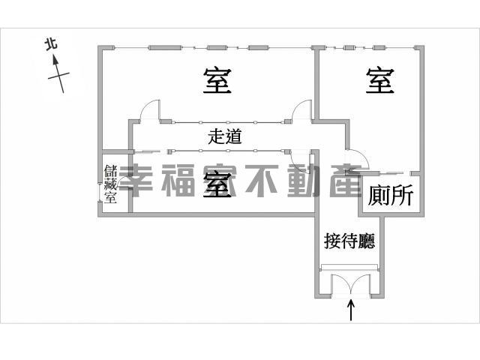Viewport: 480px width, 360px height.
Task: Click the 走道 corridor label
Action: coord(225,136)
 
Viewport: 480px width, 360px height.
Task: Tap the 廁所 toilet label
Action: coord(391,195)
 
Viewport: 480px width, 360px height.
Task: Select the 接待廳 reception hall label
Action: coord(349,241)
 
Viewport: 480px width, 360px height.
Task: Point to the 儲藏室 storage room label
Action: coord(110,184)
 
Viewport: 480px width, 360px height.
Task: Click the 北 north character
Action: coord(51,43)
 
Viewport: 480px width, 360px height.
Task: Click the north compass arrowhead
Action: coord(55,60)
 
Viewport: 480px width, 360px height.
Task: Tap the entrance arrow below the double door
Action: coord(351,310)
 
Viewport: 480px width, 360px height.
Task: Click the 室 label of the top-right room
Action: coord(379,80)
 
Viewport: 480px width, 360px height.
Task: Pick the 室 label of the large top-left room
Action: coord(217,81)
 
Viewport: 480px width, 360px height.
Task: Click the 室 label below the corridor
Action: coord(217,184)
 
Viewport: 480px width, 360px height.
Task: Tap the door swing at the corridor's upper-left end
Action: coord(150,109)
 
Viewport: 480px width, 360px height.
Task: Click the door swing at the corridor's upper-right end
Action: coord(301,109)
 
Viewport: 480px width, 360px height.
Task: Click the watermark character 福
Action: coord(178,180)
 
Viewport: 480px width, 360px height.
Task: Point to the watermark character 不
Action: coord(262,180)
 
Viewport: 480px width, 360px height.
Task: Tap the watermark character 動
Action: coord(304,180)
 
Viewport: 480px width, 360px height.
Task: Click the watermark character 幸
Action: coord(136,180)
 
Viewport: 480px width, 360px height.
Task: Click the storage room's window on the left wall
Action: coord(100,192)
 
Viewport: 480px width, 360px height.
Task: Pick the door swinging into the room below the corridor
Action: coord(301,162)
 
